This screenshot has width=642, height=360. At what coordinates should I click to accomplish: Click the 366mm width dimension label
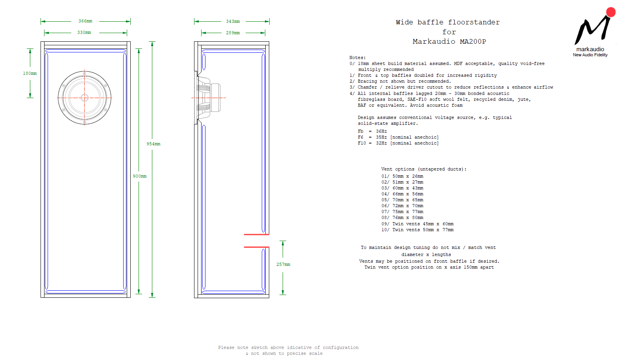(x=85, y=21)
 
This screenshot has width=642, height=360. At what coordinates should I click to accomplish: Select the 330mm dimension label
(x=84, y=33)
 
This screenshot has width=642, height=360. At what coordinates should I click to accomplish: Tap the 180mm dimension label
(x=30, y=74)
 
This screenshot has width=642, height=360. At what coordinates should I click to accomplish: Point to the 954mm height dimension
(x=154, y=144)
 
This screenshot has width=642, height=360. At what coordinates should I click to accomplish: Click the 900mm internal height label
(x=140, y=176)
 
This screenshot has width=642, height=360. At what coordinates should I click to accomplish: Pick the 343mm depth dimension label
(x=233, y=22)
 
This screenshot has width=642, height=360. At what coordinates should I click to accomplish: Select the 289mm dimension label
(x=233, y=33)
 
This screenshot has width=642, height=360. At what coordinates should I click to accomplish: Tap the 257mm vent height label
(x=283, y=265)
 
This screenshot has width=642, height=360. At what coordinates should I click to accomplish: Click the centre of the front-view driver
(x=85, y=98)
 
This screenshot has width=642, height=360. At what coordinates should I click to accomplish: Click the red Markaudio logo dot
(x=611, y=12)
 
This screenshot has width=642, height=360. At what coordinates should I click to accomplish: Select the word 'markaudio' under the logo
(x=590, y=49)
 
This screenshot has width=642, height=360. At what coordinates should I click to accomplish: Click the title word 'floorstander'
(x=474, y=22)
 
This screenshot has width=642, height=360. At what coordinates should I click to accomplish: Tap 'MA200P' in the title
(x=473, y=42)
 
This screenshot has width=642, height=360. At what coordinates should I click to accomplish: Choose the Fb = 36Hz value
(x=381, y=132)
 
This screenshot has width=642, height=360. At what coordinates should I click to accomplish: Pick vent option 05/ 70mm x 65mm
(x=402, y=200)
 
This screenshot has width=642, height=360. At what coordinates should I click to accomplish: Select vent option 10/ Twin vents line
(x=417, y=230)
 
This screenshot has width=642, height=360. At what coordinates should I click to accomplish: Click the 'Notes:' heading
(x=357, y=58)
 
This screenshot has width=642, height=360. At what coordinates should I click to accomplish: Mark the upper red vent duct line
(x=256, y=234)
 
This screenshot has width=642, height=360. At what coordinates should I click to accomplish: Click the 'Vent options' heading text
(x=424, y=169)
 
